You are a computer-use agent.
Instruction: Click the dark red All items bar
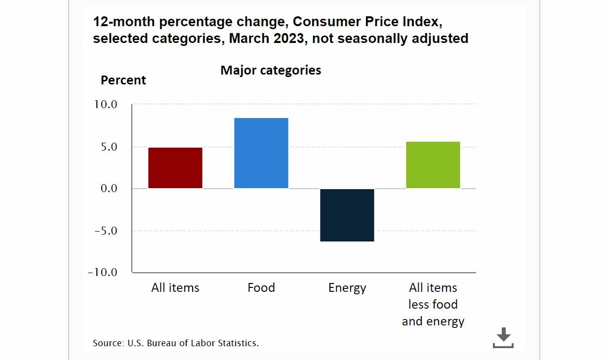coord(175,168)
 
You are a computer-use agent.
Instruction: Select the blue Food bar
coord(261,153)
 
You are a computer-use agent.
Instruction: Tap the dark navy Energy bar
coord(347,215)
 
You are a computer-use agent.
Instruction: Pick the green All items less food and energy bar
coord(433,165)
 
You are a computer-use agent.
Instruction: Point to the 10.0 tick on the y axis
coord(103,105)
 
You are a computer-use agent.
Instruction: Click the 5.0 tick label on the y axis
coord(106,147)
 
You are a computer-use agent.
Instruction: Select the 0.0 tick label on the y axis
coord(106,189)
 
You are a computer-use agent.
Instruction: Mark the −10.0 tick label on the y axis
coord(102,273)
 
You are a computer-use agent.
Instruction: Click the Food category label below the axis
coord(261,288)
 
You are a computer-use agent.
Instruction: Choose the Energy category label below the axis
coord(347,288)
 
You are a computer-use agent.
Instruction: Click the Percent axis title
coord(123,80)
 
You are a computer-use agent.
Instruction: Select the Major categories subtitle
coord(271,70)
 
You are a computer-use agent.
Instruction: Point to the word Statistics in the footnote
coord(239,343)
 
